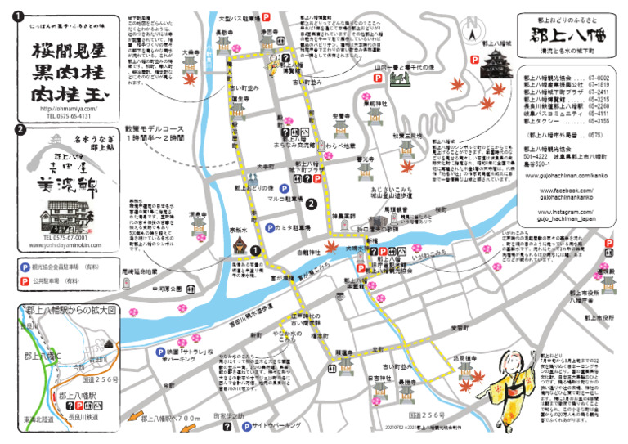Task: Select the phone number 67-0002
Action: (598, 76)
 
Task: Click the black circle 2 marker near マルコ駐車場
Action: (311, 203)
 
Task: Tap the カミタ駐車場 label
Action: (294, 227)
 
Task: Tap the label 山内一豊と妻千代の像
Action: (409, 68)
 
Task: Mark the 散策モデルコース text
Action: (157, 129)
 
